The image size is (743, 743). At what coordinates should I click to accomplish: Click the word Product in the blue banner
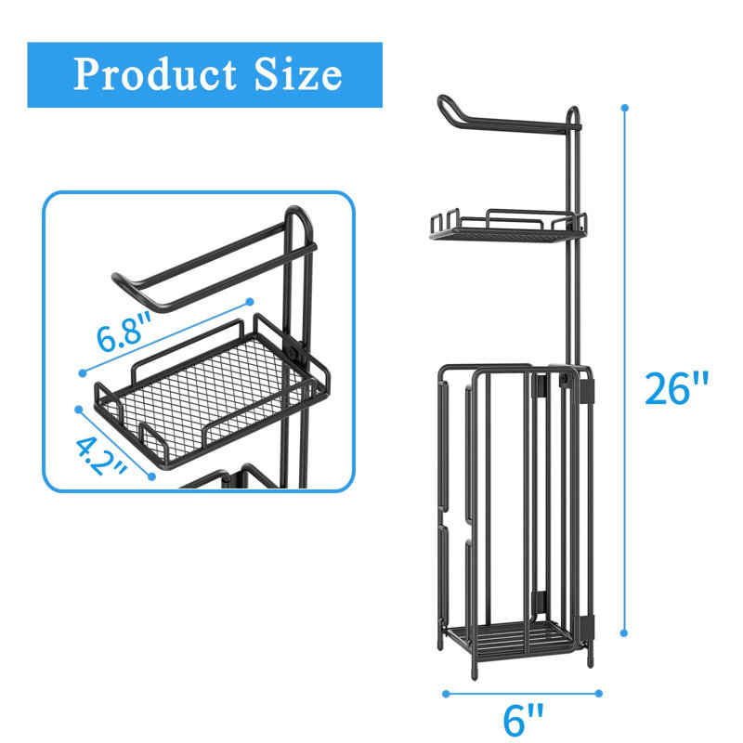(155, 74)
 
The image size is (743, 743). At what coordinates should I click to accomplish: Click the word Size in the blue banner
(298, 74)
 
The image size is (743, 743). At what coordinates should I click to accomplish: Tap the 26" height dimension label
(676, 388)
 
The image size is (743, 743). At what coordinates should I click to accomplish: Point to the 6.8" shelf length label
(124, 332)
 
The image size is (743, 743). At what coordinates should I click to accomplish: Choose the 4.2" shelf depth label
(100, 456)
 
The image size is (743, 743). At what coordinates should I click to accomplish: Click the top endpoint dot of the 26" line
(624, 108)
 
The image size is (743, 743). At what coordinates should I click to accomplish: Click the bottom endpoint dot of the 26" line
(624, 633)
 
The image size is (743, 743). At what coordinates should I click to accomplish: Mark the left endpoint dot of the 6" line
(446, 694)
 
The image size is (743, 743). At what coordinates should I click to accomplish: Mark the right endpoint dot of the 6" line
(598, 693)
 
